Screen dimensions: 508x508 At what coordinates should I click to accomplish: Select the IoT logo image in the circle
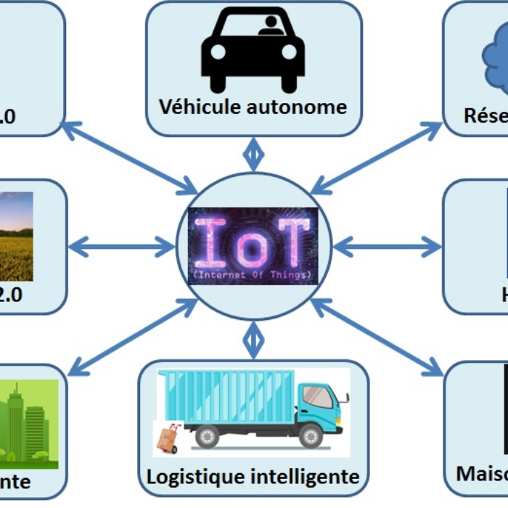click(253, 245)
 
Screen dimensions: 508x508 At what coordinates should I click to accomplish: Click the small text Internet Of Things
click(253, 275)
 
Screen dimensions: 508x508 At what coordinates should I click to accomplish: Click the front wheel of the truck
click(311, 436)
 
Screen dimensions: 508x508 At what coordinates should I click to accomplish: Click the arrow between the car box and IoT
click(253, 154)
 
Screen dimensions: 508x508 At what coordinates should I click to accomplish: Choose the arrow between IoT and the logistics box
click(253, 340)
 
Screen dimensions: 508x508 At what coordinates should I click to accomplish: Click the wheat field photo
click(16, 236)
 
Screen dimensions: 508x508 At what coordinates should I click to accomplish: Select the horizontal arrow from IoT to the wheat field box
click(122, 247)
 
